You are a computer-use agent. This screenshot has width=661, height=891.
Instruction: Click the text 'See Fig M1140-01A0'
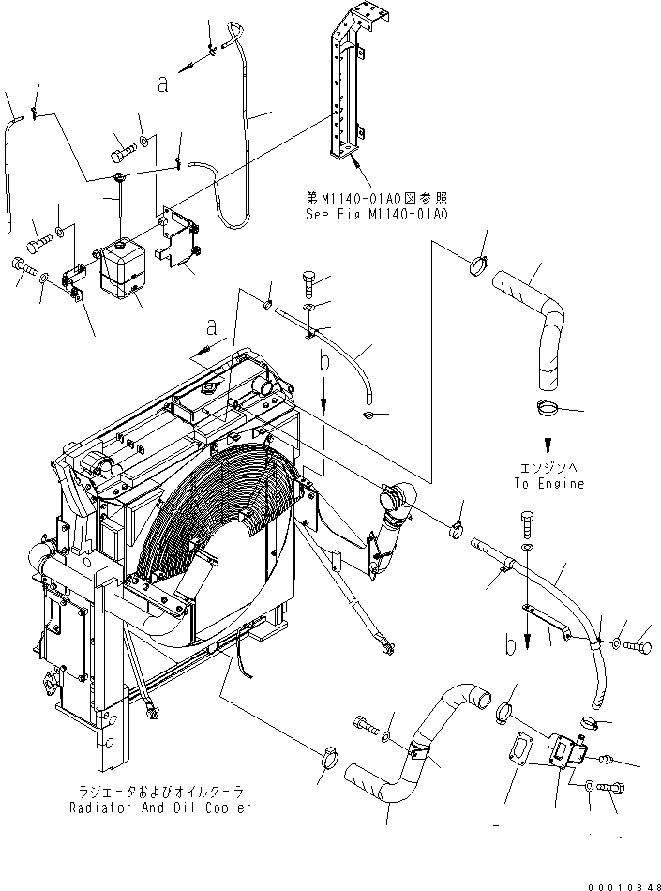376,214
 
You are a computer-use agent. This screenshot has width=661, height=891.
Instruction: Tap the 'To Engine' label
548,484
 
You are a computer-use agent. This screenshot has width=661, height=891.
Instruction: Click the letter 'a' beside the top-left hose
163,84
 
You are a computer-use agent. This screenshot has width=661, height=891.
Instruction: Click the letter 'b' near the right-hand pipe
511,645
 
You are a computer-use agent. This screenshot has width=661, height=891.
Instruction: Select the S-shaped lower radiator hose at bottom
413,750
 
